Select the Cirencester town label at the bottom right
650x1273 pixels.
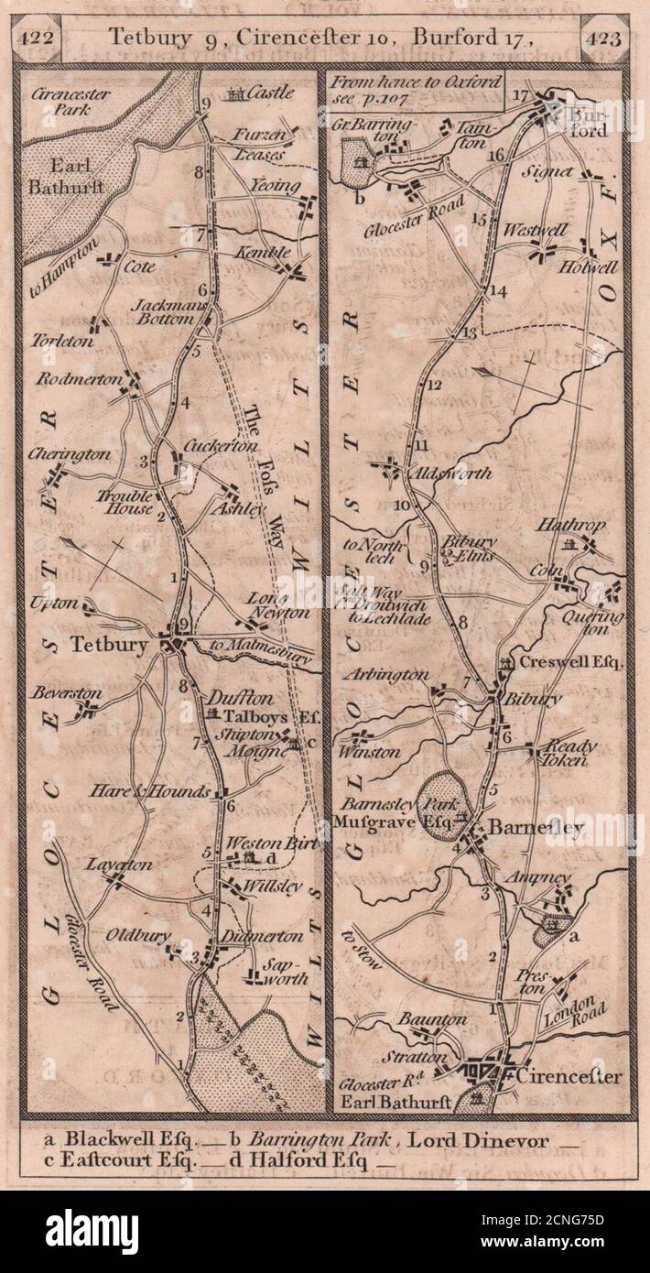[x=567, y=1075]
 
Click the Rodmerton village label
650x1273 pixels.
[x=70, y=379]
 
